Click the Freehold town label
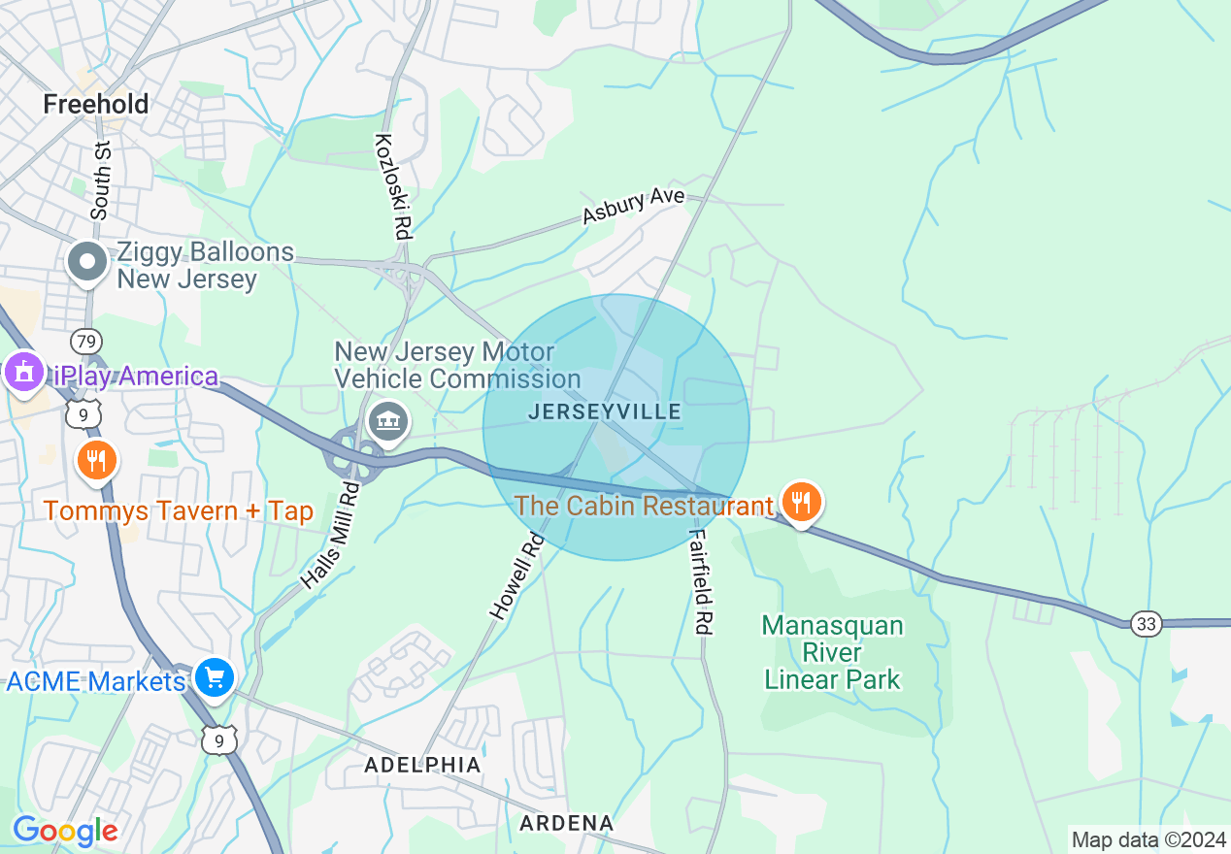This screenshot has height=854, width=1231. tap(96, 104)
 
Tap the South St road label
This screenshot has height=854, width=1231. tap(101, 179)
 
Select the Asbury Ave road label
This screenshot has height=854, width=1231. tap(633, 206)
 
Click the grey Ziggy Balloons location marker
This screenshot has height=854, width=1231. tap(88, 262)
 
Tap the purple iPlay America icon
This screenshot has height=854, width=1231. tap(23, 374)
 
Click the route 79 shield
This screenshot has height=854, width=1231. tap(86, 341)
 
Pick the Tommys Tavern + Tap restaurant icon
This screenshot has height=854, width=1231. tap(95, 460)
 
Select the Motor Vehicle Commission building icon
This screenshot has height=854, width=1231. tap(387, 421)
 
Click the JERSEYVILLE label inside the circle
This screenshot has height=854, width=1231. tap(605, 412)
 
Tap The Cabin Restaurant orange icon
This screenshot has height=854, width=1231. tap(800, 503)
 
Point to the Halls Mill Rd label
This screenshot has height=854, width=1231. tap(330, 537)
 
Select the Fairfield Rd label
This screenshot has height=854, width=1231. tap(701, 582)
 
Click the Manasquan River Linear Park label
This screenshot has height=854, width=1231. tap(833, 652)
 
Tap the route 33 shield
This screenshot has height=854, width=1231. tap(1147, 624)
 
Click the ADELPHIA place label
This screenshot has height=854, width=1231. tap(422, 765)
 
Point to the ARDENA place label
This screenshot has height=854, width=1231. tap(567, 823)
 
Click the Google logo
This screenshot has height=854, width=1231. tap(64, 831)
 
